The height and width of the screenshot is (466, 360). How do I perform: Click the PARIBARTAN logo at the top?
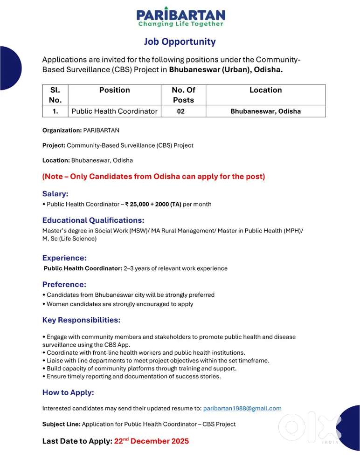tap(180, 17)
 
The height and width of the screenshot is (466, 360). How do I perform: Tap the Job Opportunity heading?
tap(180, 41)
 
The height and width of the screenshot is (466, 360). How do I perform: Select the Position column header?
tap(114, 90)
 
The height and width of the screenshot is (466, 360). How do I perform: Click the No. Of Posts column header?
tap(183, 95)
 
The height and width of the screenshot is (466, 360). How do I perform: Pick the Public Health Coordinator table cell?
tap(114, 111)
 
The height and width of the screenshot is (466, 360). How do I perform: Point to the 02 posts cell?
tap(181, 111)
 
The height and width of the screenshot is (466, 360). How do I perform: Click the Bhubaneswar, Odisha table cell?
tap(265, 111)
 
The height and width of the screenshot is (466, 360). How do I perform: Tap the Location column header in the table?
tap(265, 90)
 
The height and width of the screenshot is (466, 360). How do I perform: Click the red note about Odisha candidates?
tap(153, 177)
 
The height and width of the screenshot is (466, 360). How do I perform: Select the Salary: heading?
tap(55, 193)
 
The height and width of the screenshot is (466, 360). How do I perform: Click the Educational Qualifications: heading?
tap(93, 220)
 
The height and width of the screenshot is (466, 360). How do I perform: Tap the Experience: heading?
tap(65, 258)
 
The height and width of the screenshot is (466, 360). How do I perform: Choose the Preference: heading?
tap(64, 284)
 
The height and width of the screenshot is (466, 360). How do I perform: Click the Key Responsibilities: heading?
tap(82, 320)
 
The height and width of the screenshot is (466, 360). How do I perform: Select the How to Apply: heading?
tap(68, 392)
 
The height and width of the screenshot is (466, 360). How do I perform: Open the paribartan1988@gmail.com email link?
tap(242, 408)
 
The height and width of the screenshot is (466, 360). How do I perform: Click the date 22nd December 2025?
tap(152, 441)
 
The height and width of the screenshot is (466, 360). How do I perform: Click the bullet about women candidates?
tap(120, 304)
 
